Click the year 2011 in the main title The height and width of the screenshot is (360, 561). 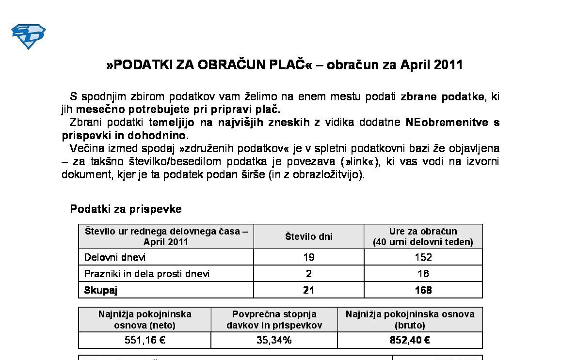(x=448, y=65)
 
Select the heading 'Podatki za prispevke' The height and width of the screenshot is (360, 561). (x=126, y=209)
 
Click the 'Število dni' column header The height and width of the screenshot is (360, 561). (x=308, y=236)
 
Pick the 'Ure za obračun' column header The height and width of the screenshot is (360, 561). (x=423, y=236)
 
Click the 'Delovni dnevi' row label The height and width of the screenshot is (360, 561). (x=115, y=257)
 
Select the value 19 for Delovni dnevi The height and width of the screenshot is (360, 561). (x=308, y=257)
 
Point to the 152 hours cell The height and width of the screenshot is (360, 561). (x=423, y=257)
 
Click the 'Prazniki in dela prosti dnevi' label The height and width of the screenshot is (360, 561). (x=147, y=274)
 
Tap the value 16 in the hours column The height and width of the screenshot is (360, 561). (x=423, y=274)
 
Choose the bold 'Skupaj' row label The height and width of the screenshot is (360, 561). (x=101, y=290)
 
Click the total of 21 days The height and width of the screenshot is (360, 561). (x=308, y=290)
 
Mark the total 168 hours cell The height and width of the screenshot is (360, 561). (x=423, y=290)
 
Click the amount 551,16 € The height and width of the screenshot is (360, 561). (x=145, y=340)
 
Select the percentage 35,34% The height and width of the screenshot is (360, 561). (x=274, y=340)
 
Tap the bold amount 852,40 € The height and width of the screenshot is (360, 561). (x=410, y=340)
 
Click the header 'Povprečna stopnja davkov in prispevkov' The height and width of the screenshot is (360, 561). (x=274, y=320)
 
